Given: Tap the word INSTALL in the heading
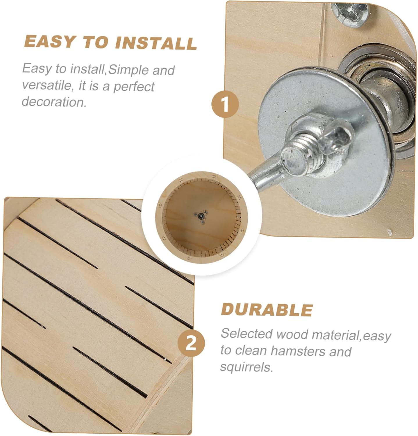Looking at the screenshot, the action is tap(156, 43).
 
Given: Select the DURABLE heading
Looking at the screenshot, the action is tap(267, 310).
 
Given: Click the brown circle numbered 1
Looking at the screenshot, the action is tap(225, 104).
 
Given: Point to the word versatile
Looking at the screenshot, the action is tap(47, 85).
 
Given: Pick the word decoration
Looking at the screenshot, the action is tap(54, 102).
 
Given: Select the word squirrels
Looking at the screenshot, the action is tap(247, 367).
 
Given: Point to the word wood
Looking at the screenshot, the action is tap(292, 334).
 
